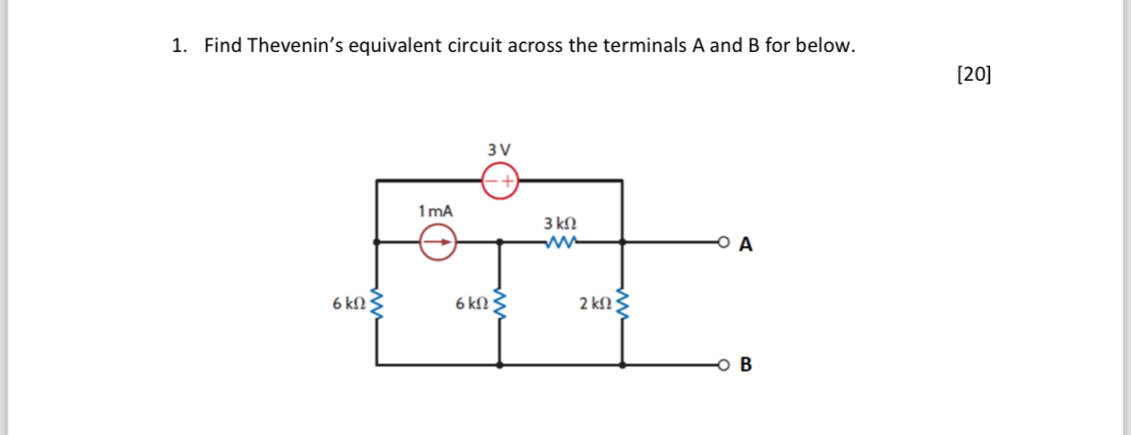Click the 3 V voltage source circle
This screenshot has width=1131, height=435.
coord(499,180)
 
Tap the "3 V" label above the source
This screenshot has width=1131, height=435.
coord(499,150)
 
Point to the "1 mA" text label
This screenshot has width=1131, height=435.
coord(436,209)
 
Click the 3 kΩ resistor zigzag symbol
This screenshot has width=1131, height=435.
coord(559,243)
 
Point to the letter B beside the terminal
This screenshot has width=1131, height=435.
coord(746,365)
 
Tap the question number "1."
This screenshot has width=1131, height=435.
coord(178,45)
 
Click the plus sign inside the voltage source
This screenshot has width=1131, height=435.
coord(509,180)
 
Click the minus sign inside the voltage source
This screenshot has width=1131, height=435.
coord(489,180)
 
